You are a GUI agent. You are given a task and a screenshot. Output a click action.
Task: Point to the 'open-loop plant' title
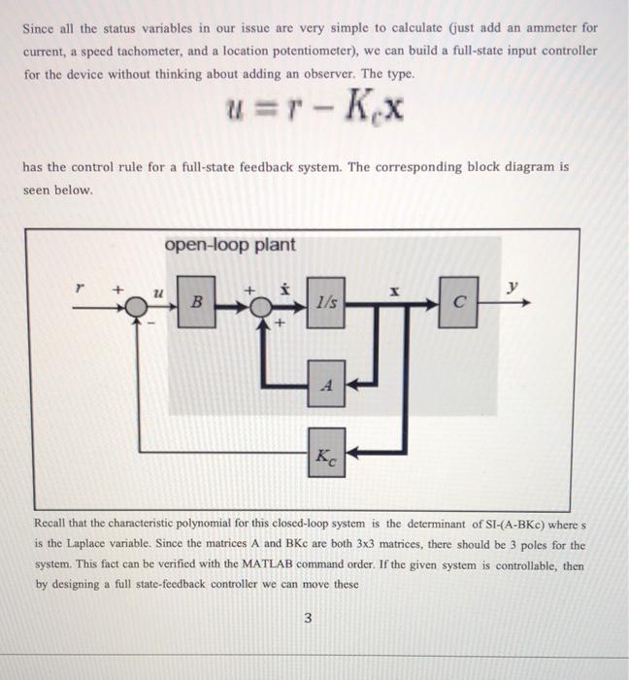(230, 245)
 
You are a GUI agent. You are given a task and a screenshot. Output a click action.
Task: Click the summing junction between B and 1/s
(259, 303)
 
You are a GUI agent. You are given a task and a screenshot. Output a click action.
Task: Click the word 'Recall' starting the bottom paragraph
(52, 525)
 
